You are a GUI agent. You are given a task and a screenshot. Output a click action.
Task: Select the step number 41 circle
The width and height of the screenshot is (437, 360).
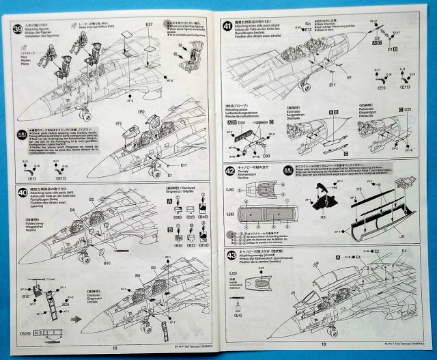click(x=230, y=26)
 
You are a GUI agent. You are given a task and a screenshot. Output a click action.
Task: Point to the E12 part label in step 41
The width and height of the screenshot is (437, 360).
click(x=309, y=30)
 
